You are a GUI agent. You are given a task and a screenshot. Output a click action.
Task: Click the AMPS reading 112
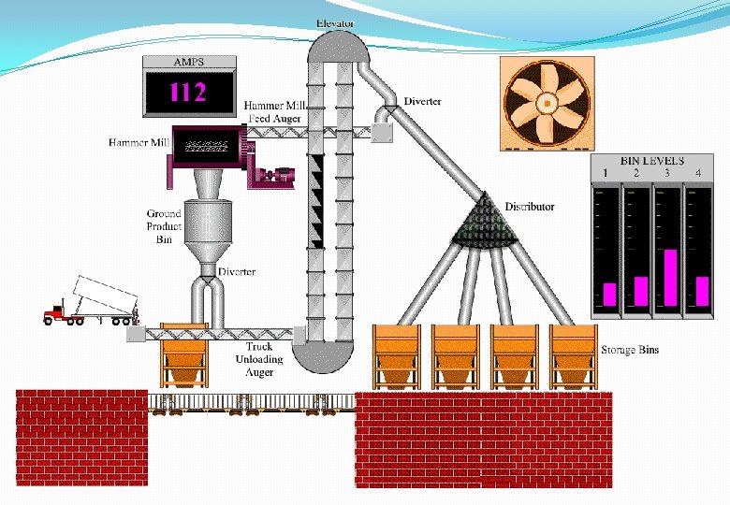(x=187, y=92)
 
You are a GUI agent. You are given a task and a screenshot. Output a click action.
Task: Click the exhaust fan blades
(x=546, y=102)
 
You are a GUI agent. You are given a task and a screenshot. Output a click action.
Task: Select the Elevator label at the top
(x=335, y=22)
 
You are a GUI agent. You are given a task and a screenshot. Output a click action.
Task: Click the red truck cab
(x=56, y=314)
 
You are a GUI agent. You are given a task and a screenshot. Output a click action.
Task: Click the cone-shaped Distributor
(x=487, y=224)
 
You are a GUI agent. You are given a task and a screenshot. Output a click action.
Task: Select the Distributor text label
(x=530, y=207)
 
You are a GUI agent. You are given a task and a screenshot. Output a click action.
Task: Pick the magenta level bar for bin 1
(x=609, y=295)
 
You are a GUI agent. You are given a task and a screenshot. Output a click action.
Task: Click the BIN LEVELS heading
(x=652, y=161)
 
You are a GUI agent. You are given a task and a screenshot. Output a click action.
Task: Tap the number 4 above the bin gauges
(x=698, y=174)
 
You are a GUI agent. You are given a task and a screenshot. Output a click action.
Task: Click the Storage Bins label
(x=630, y=350)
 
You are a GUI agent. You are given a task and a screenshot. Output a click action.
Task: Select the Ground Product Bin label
(x=164, y=225)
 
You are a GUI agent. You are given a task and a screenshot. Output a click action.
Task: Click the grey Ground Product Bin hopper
(x=208, y=230)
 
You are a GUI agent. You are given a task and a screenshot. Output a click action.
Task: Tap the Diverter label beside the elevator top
(x=423, y=101)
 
